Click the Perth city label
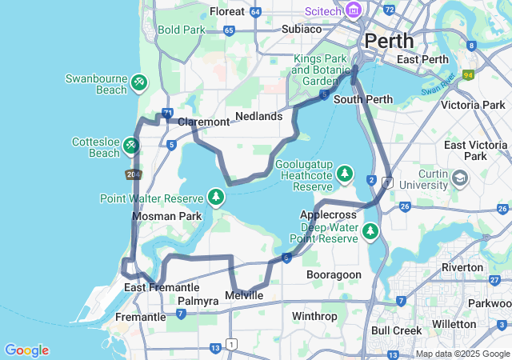point(389,40)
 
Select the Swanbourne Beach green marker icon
point(139,82)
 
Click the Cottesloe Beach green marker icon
point(130,146)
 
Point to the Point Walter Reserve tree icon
point(215,196)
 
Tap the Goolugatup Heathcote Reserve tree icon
point(345,173)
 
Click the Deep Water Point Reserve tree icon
point(370,231)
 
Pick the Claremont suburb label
point(203,122)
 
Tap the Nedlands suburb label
point(259,116)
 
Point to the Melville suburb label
point(244,295)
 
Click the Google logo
point(26,350)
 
